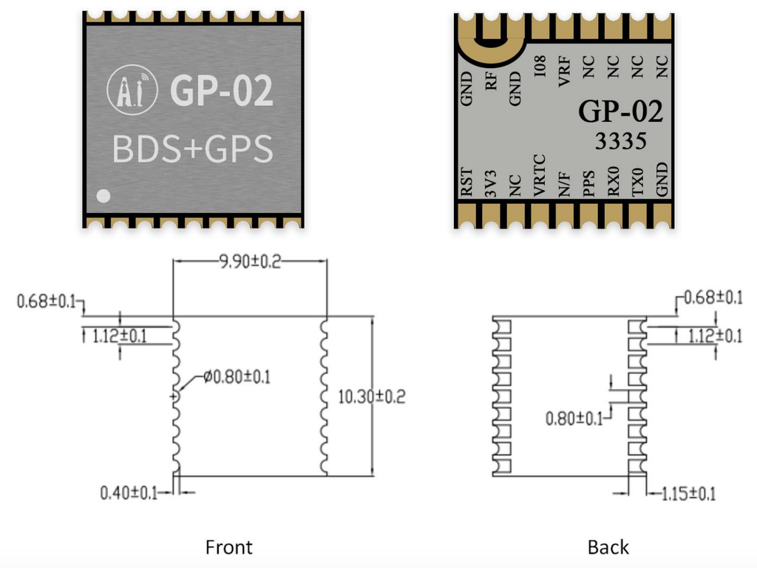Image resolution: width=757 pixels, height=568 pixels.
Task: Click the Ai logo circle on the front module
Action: click(x=134, y=91)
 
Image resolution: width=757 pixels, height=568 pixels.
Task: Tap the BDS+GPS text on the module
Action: click(x=193, y=149)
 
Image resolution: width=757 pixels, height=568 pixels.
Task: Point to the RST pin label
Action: click(x=466, y=182)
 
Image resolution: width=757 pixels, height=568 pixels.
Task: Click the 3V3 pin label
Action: click(x=491, y=183)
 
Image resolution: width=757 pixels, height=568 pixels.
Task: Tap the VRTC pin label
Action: click(x=540, y=176)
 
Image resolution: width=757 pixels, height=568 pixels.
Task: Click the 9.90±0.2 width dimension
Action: click(x=250, y=262)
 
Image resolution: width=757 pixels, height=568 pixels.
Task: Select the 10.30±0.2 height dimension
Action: click(x=372, y=396)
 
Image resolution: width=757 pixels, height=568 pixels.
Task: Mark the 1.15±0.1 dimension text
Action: click(x=688, y=494)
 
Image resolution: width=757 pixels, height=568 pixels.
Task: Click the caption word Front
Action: click(x=228, y=547)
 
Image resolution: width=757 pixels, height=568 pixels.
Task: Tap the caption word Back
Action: click(x=608, y=547)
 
